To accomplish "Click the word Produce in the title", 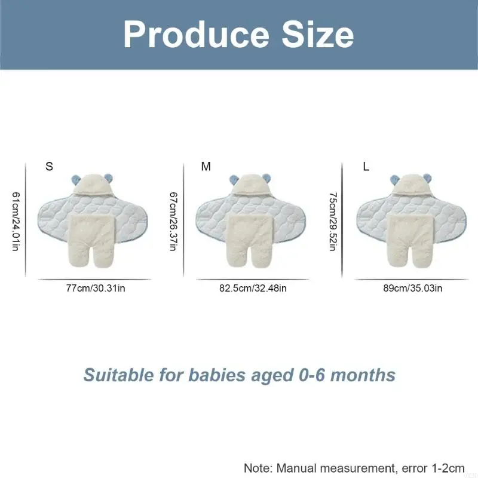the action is pos(197,35).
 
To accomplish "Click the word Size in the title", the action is pos(317,34).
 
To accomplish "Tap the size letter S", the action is pos(49,167).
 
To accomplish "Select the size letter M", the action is pos(206,167).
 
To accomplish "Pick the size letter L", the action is pos(366,167).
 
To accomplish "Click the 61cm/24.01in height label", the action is pos(16,221).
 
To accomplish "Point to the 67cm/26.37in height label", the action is pos(173,221).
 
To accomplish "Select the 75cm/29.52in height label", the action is pos(333,221).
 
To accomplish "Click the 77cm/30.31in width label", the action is pos(96,288).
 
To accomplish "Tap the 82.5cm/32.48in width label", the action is pos(253,288).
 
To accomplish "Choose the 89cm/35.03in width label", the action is pos(413,288).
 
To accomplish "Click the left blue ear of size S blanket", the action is pos(76,180).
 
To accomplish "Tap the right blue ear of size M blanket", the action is pos(266,179).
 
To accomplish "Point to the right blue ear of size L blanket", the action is pos(427,179).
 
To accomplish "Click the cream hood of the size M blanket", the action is pos(251,185).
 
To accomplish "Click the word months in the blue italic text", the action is pos(363,375).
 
